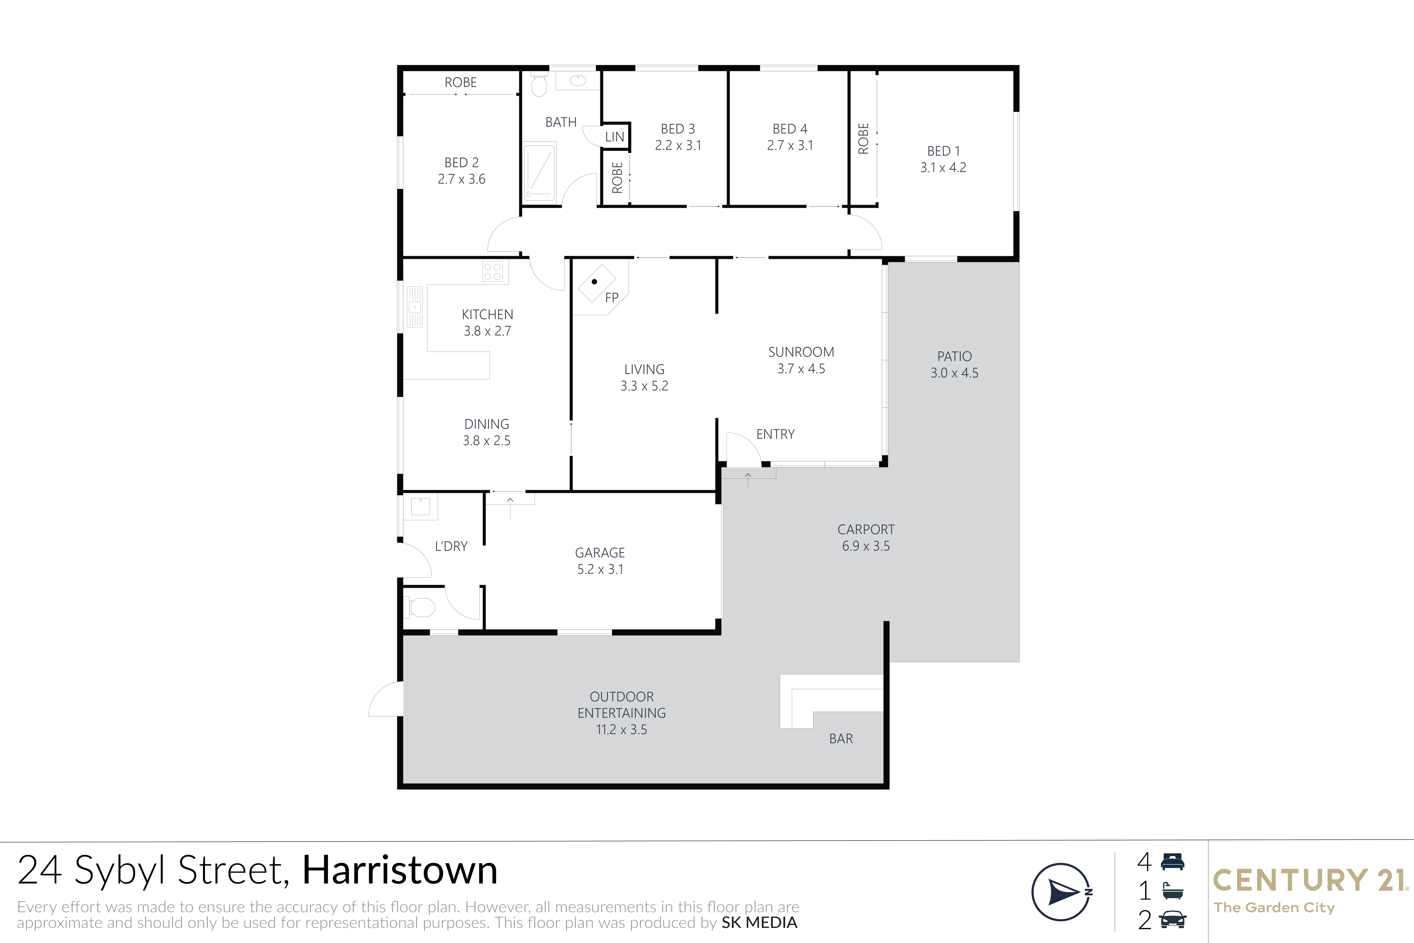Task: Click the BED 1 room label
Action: click(x=943, y=151)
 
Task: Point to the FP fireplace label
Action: click(x=611, y=297)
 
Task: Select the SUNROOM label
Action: click(x=801, y=352)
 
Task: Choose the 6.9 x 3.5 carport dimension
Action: click(x=866, y=546)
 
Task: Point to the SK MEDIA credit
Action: click(x=759, y=922)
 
